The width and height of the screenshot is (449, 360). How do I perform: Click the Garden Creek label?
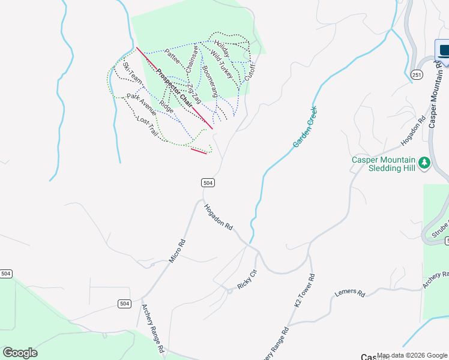pyautogui.click(x=305, y=127)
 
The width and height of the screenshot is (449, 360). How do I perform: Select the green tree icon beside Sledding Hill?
pyautogui.click(x=424, y=163)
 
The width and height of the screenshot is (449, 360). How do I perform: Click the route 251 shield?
pyautogui.click(x=417, y=74)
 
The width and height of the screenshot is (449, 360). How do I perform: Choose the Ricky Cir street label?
pyautogui.click(x=247, y=280)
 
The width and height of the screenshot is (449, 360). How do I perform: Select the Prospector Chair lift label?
pyautogui.click(x=174, y=88)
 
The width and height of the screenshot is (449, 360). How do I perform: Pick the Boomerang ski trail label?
pyautogui.click(x=209, y=82)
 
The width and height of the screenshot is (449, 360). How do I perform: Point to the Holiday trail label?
pyautogui.click(x=221, y=49)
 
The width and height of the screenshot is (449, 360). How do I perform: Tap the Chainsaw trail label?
pyautogui.click(x=192, y=60)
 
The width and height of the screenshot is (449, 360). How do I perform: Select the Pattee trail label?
pyautogui.click(x=172, y=61)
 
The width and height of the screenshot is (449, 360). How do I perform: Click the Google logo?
pyautogui.click(x=20, y=353)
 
